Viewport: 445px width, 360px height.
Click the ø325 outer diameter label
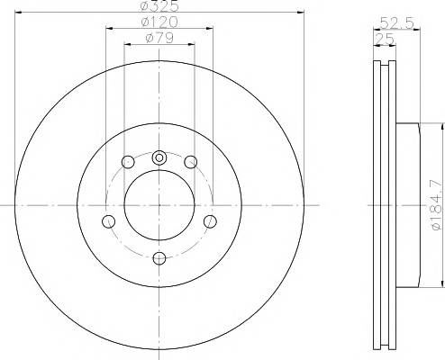pyautogui.click(x=159, y=5)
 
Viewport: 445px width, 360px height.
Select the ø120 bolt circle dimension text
pyautogui.click(x=159, y=22)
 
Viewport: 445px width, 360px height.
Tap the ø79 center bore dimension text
pyautogui.click(x=159, y=38)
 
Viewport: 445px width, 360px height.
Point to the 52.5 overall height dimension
pyautogui.click(x=397, y=22)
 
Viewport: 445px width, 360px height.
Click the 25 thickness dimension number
pyautogui.click(x=385, y=39)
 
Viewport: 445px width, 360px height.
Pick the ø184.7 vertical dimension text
pyautogui.click(x=437, y=206)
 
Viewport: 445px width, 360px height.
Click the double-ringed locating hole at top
pyautogui.click(x=159, y=157)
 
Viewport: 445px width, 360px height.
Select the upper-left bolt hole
pyautogui.click(x=128, y=162)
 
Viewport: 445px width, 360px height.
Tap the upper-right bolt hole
pyautogui.click(x=190, y=162)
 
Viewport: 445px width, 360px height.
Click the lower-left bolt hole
pyautogui.click(x=108, y=221)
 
